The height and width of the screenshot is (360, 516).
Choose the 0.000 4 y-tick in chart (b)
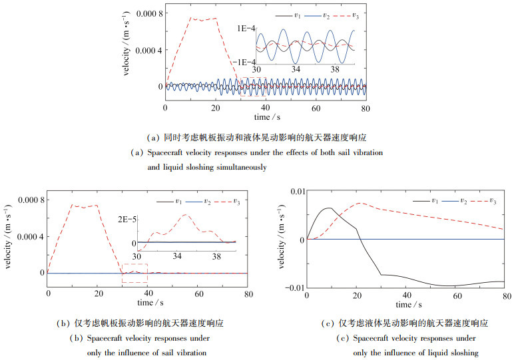[x=25, y=236]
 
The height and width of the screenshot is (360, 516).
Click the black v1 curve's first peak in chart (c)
[x=328, y=208]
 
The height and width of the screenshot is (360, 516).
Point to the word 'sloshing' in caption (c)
[x=459, y=352]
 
